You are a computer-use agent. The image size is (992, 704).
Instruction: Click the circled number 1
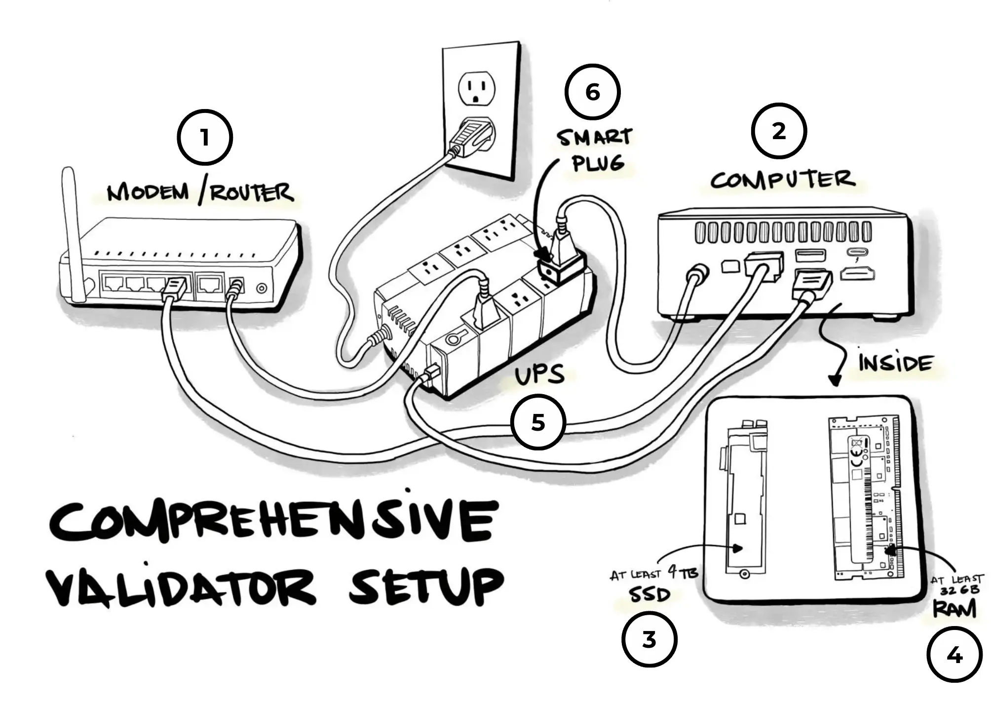[x=205, y=138]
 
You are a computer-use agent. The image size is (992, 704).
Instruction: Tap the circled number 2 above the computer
[x=778, y=131]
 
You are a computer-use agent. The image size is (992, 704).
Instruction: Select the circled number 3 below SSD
[x=649, y=639]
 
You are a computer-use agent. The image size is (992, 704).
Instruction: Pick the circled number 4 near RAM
[x=954, y=655]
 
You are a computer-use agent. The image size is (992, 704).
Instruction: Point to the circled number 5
[x=538, y=422]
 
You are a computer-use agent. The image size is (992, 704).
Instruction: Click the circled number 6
[x=592, y=92]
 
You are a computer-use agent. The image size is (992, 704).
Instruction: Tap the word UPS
[x=539, y=375]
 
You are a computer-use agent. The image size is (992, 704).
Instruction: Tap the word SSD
[x=649, y=594]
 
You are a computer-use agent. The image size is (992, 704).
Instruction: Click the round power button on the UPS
[x=452, y=339]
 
